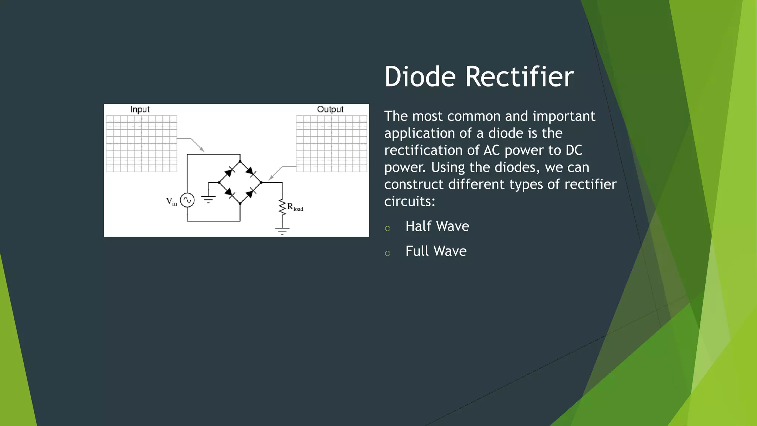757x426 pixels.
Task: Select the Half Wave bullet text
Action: point(437,226)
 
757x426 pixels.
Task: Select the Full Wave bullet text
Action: point(436,251)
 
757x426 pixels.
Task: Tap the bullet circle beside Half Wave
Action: point(387,229)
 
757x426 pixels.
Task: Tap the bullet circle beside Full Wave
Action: point(387,254)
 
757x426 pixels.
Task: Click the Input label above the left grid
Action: point(140,109)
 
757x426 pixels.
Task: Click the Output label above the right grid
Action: point(330,109)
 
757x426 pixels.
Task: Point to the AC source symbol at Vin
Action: point(187,200)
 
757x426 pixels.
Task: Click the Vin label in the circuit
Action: point(172,202)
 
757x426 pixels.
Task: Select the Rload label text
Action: point(295,207)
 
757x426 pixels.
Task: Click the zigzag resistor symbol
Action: point(282,207)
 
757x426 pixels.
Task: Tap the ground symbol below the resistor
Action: point(282,231)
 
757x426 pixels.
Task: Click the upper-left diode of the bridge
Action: point(230,172)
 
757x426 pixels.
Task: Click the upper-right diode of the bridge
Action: point(251,171)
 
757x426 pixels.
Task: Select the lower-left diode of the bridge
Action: point(230,193)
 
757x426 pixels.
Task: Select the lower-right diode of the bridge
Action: point(251,193)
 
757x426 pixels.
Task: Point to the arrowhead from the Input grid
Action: point(202,149)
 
